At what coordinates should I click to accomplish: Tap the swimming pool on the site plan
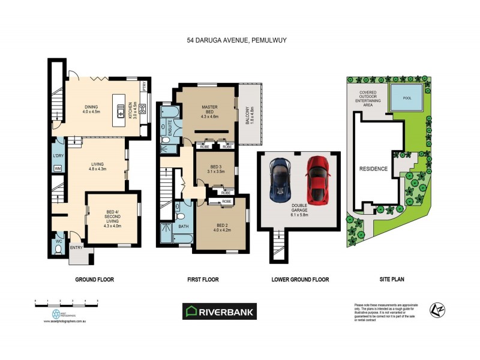[408, 97]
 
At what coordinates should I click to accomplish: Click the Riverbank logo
[220, 311]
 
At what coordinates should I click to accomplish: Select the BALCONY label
[245, 115]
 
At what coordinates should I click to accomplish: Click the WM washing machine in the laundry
[58, 168]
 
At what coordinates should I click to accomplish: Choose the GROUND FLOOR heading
[94, 280]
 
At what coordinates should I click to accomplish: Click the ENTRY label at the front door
[77, 247]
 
